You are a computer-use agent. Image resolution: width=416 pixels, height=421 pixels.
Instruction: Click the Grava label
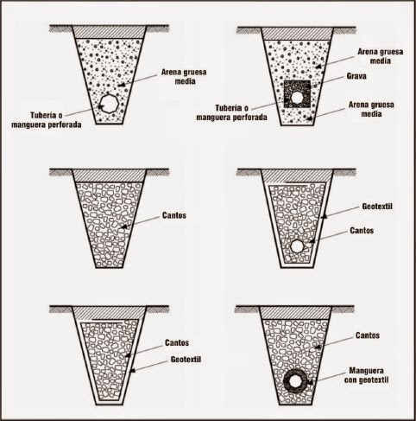[x=356, y=76]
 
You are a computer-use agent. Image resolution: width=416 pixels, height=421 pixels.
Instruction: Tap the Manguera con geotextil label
[x=366, y=375]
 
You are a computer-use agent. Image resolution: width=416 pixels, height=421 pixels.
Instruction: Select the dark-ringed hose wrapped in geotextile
[x=296, y=381]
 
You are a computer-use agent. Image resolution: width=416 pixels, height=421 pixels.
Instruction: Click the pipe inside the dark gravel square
[x=296, y=98]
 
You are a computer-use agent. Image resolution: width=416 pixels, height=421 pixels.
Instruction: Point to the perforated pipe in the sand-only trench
[x=109, y=103]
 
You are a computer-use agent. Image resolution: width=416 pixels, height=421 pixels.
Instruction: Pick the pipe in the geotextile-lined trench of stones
[x=298, y=246]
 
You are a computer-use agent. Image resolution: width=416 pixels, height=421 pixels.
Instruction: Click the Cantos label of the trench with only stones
[x=174, y=215]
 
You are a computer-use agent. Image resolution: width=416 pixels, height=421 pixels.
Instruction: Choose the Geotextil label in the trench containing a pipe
[x=377, y=207]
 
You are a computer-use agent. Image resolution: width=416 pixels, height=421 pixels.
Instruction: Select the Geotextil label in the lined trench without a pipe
[x=186, y=360]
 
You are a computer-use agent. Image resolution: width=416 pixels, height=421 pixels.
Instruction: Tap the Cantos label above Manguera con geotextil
[x=368, y=335]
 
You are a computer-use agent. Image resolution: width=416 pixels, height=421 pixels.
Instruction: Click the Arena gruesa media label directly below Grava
[x=371, y=109]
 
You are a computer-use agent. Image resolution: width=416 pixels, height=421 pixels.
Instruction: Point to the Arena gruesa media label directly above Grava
[x=380, y=56]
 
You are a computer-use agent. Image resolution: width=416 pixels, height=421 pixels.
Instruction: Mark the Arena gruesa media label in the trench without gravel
[x=184, y=76]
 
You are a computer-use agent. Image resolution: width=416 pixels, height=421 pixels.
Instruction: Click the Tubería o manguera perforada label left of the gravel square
[x=231, y=112]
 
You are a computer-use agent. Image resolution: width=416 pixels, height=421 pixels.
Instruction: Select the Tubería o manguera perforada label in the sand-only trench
[x=47, y=120]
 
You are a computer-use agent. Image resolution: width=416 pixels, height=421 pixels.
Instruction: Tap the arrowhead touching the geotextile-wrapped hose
[x=310, y=382]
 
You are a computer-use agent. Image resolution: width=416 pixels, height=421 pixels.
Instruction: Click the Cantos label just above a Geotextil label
[x=177, y=342]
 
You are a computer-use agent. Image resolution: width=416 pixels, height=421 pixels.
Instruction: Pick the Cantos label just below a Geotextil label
[x=362, y=231]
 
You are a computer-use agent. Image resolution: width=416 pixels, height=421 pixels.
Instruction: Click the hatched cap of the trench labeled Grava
[x=298, y=34]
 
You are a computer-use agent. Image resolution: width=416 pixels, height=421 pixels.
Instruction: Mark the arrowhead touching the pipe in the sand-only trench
[x=101, y=107]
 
